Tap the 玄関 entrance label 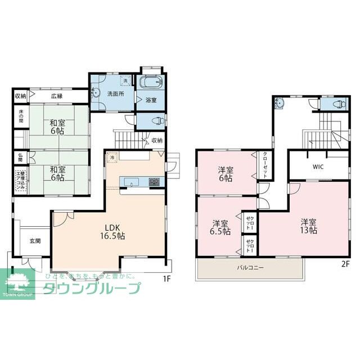[x=35, y=241]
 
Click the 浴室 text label [x=151, y=100]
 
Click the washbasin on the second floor [x=280, y=102]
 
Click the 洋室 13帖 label [x=308, y=226]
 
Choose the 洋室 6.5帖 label [x=220, y=227]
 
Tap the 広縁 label [x=57, y=96]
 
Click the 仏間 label [x=19, y=158]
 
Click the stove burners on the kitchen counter [x=154, y=182]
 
